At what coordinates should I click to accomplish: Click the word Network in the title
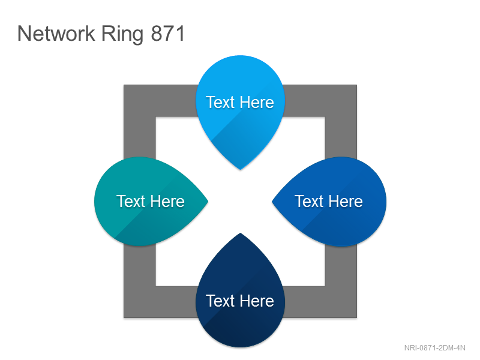56,34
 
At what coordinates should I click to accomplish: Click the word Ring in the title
122,35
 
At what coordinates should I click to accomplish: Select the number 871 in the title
168,34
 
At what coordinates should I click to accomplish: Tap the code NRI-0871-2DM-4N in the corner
434,348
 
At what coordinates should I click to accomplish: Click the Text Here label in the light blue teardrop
240,102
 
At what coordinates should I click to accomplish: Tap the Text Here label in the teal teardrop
151,202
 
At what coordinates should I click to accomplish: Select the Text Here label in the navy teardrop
240,301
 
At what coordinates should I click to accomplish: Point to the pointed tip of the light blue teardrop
241,169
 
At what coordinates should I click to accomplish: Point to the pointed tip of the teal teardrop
208,202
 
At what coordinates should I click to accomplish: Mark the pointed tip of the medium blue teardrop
272,202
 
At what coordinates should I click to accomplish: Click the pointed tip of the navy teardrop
241,233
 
